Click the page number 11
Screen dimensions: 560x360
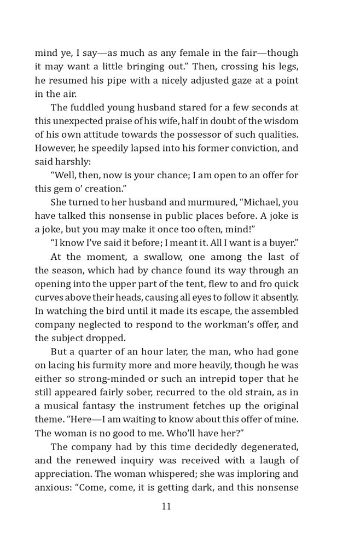point(166,506)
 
